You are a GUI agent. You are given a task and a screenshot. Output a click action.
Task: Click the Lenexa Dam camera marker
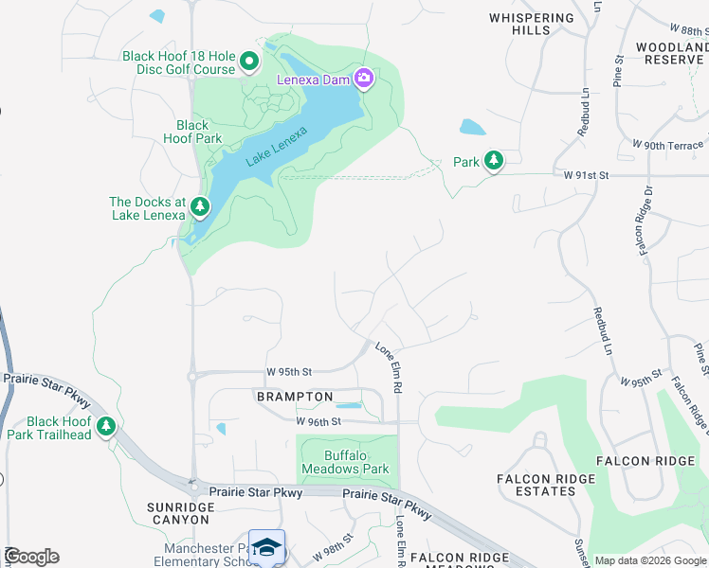363,79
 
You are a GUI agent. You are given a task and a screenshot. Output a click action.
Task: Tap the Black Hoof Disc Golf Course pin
249,62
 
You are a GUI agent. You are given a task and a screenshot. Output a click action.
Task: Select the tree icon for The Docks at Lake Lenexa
199,206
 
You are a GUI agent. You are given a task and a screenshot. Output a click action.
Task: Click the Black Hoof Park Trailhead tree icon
107,428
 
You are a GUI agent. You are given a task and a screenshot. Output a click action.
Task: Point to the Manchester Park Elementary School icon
266,548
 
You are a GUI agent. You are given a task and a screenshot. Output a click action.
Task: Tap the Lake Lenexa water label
277,147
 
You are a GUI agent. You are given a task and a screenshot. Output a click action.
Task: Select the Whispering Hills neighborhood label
532,24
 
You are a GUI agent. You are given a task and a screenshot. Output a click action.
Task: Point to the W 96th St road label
318,421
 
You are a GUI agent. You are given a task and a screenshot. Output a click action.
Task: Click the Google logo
31,557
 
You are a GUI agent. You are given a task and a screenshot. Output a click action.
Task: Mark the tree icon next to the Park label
493,162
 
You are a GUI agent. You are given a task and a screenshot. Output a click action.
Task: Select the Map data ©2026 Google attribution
651,560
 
